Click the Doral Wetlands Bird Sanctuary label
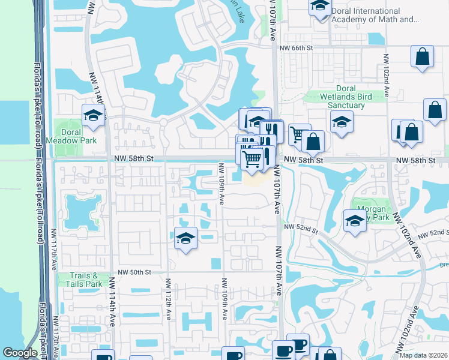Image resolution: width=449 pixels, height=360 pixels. [x=337, y=97]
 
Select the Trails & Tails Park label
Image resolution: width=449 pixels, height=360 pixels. [x=82, y=280]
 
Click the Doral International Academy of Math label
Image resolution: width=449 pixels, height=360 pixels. [x=374, y=16]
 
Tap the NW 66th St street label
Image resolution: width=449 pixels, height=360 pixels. [x=297, y=47]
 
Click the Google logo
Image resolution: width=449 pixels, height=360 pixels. [x=20, y=352]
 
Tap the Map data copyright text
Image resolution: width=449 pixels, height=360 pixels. [x=423, y=355]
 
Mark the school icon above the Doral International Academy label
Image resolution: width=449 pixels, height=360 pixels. [x=320, y=7]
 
